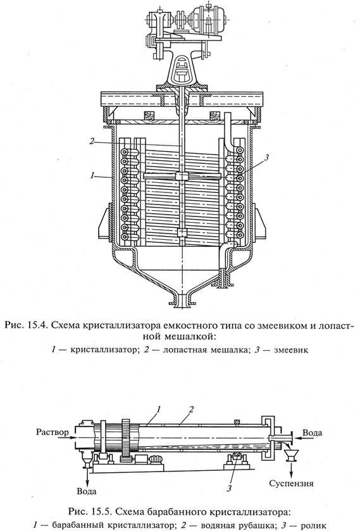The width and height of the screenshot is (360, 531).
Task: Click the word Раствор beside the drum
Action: [53, 432]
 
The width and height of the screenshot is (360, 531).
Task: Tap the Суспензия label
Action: [291, 483]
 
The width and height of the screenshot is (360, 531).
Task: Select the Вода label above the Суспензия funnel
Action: [313, 432]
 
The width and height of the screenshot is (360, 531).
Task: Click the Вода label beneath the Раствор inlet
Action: [87, 491]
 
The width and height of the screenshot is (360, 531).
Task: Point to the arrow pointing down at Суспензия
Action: [290, 470]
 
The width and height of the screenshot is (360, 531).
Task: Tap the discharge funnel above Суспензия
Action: [290, 456]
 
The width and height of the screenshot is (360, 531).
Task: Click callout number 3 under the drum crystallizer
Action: [229, 489]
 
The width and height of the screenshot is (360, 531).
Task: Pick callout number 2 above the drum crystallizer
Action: [191, 409]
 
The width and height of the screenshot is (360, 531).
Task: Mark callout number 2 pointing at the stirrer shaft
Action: [92, 141]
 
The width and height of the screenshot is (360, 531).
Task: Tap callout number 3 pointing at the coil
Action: [266, 157]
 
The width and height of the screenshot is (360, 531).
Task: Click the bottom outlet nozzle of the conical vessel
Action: [182, 301]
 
